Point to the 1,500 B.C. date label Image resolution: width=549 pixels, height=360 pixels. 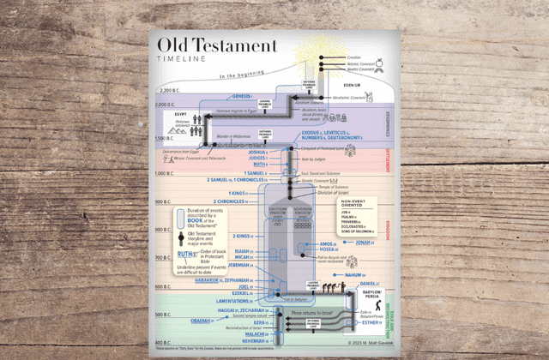165,137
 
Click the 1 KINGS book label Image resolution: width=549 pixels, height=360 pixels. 238,194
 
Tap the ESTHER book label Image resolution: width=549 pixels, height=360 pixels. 370,322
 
